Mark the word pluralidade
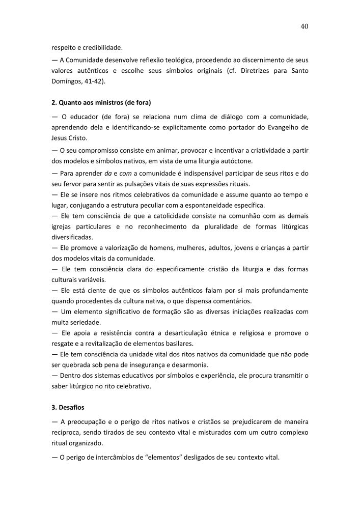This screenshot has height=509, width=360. click(220, 227)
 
